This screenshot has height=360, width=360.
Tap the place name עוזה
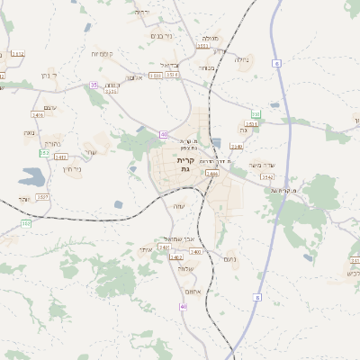[x=178, y=206]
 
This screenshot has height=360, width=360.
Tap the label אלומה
[x=135, y=77]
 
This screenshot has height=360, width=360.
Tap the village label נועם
[x=229, y=259]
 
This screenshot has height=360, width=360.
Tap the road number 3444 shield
[x=212, y=173]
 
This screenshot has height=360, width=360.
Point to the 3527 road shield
[x=43, y=196]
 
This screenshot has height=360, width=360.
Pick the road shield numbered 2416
[x=38, y=116]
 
